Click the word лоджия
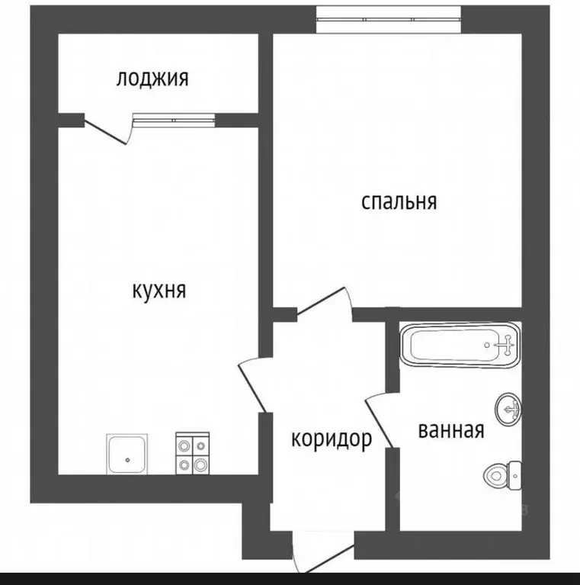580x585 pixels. [x=152, y=79]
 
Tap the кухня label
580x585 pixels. [x=159, y=291]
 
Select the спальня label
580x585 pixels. [x=399, y=201]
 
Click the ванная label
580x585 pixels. [x=451, y=430]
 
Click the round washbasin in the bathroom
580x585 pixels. [x=508, y=410]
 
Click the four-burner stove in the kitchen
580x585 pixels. [x=192, y=455]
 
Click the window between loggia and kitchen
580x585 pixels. [x=174, y=120]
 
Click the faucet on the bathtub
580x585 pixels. [x=505, y=346]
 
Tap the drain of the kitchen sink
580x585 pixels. [x=128, y=459]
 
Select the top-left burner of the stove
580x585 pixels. [x=184, y=445]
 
